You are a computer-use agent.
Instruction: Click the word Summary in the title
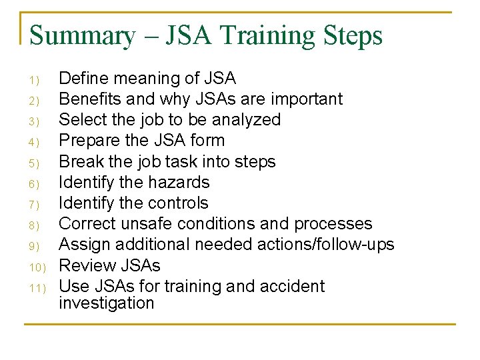[82, 35]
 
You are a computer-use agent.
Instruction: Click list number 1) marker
[35, 81]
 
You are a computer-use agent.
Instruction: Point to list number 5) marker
[35, 163]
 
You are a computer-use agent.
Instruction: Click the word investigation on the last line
[106, 303]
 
